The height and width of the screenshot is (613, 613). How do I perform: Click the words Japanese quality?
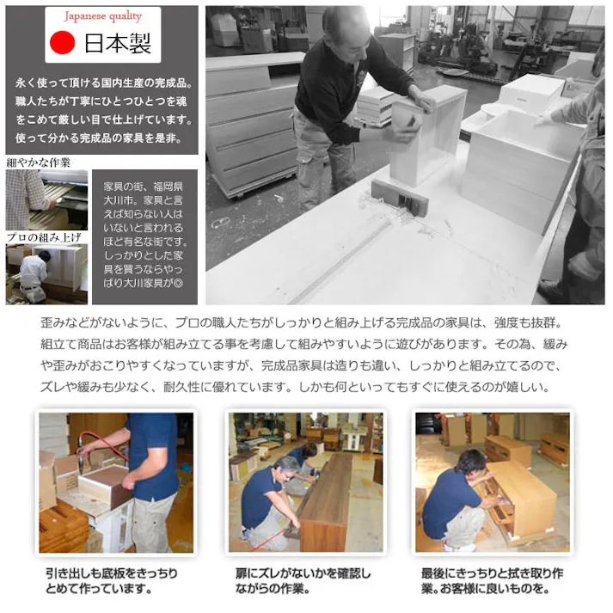[x=103, y=16]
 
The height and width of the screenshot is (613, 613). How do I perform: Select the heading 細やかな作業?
[x=39, y=162]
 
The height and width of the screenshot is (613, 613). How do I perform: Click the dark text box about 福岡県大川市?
[x=144, y=232]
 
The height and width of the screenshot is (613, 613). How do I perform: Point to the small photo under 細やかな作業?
[x=46, y=199]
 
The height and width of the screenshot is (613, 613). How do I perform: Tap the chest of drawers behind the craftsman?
[x=249, y=129]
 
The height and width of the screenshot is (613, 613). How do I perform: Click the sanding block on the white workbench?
[x=399, y=197]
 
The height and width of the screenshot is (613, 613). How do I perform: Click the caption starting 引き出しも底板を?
[x=112, y=580]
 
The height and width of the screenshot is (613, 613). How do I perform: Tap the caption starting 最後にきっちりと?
[x=493, y=580]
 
